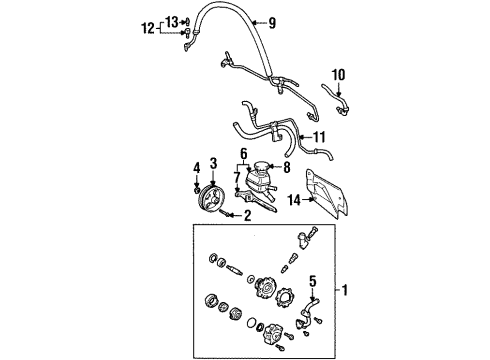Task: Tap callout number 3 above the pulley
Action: click(x=213, y=162)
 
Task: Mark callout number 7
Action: click(x=237, y=178)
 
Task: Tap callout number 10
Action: click(x=338, y=74)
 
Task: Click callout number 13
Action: click(x=172, y=21)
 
